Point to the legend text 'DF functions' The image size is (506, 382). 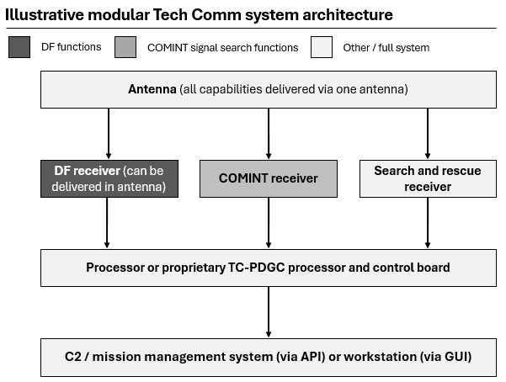(71, 47)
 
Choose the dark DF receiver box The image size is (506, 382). (109, 178)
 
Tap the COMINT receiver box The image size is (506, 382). (268, 178)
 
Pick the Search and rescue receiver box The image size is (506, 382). (428, 178)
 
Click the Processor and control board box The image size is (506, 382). (268, 268)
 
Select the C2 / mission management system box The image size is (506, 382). (268, 357)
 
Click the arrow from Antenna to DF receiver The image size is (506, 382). (109, 133)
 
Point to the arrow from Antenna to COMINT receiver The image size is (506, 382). (268, 133)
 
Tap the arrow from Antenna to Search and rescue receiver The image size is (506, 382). (428, 133)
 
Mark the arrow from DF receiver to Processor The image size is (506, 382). (109, 223)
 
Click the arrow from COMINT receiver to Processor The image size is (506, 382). (268, 223)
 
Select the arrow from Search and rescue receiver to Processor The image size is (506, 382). (428, 223)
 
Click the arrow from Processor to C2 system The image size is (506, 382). (268, 312)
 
